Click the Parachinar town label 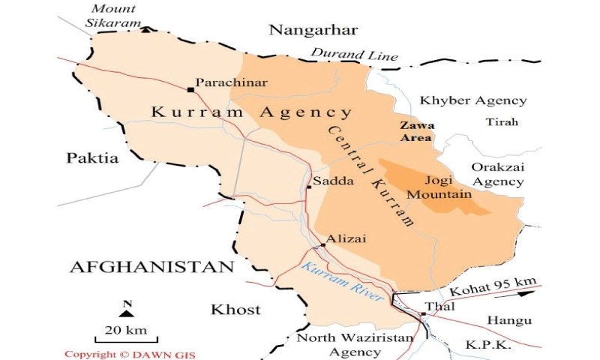pos(231,82)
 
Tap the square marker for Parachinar pos(190,89)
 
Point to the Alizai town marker pos(322,244)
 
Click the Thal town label pos(435,306)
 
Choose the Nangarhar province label pos(313,30)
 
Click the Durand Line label pos(354,55)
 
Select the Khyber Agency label pos(472,100)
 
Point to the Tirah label pos(502,121)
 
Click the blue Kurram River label pos(342,281)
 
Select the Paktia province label pos(92,158)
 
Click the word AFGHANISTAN pos(152,267)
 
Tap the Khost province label pos(235,309)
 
